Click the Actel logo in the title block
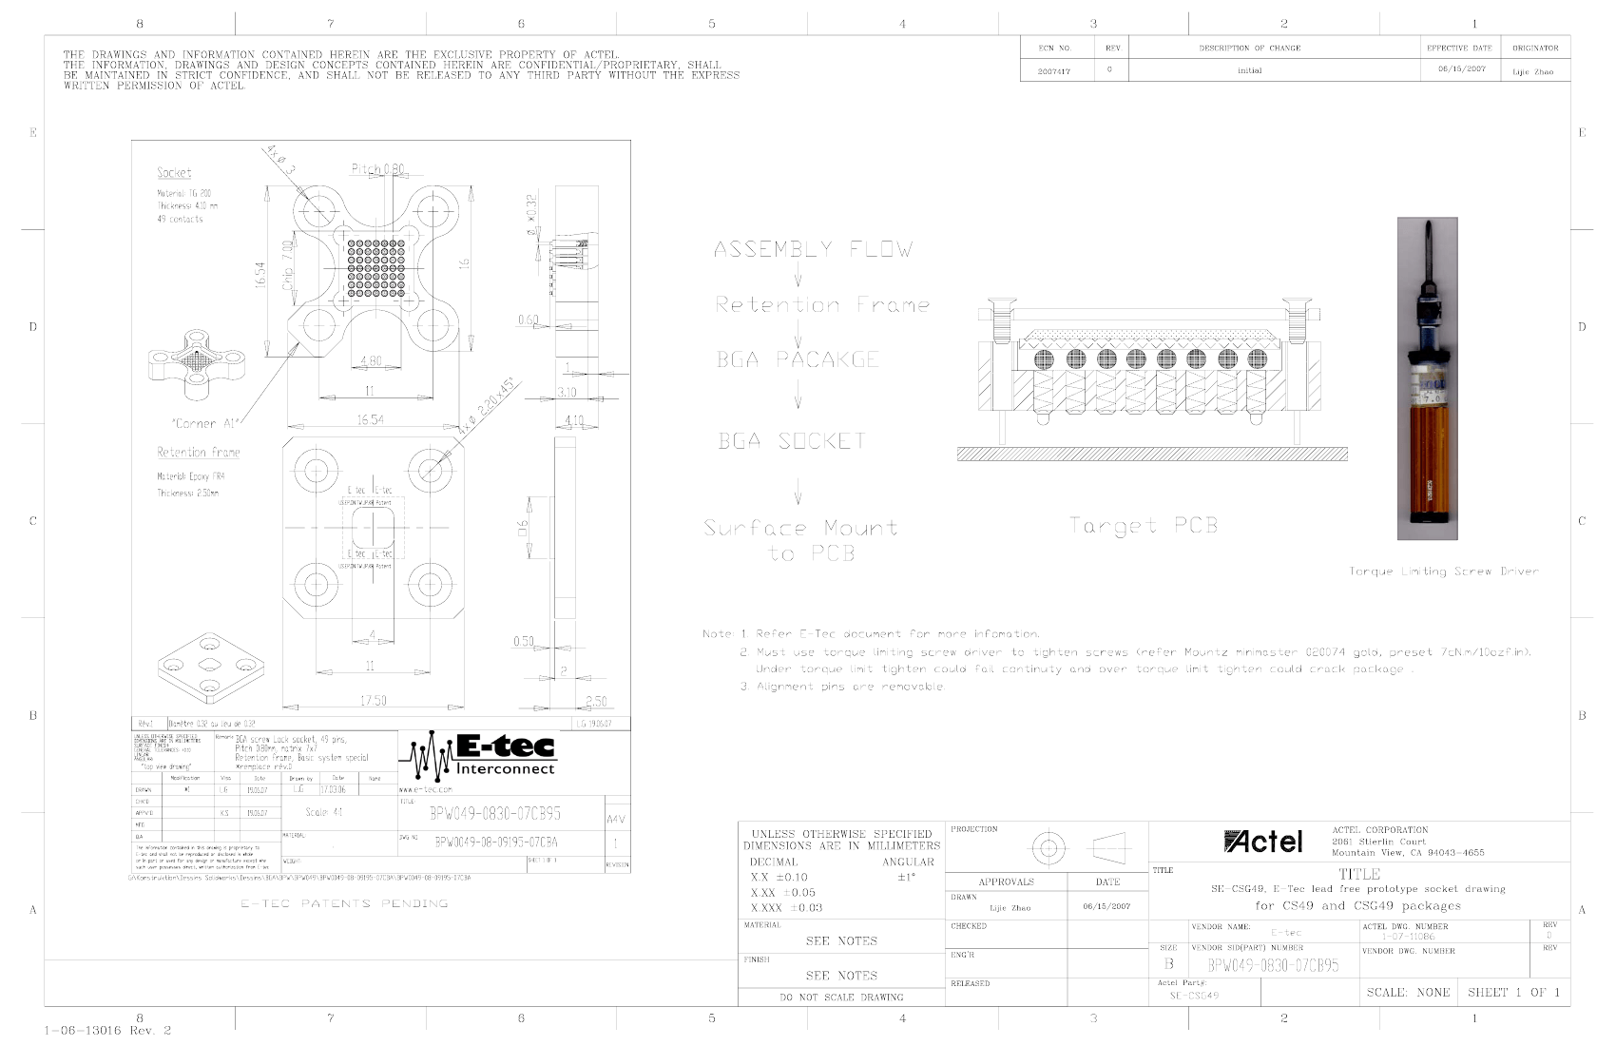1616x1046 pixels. [1263, 842]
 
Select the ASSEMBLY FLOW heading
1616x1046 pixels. [813, 250]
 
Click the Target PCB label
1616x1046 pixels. [1143, 526]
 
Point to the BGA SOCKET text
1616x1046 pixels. [792, 441]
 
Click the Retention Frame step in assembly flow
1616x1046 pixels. [821, 305]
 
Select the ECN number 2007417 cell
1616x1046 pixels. [1053, 71]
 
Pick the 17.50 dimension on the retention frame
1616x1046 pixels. [374, 701]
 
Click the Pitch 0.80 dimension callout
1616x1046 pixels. [377, 169]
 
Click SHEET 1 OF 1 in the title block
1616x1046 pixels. [1512, 992]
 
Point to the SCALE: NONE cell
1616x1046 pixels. [1408, 992]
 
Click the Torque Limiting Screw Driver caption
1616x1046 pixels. [1442, 571]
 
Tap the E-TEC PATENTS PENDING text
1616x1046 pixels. [344, 903]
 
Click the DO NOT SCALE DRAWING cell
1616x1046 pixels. [841, 997]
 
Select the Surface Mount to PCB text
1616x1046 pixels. [800, 540]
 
